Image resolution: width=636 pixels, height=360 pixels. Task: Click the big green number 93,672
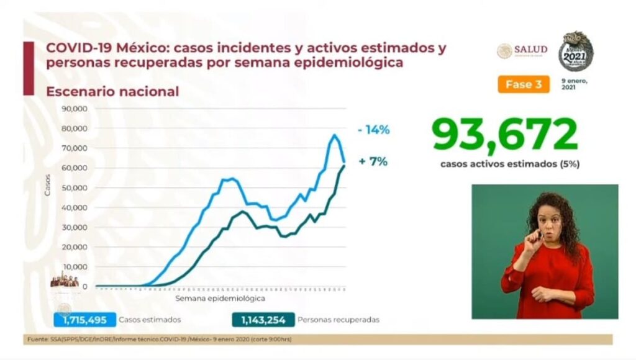[504, 135]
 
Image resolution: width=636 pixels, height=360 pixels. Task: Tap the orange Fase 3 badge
[523, 85]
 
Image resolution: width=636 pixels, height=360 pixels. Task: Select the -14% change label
[374, 130]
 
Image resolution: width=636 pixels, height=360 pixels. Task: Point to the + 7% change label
[373, 161]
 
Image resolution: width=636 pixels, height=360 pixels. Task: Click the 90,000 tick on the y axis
[75, 109]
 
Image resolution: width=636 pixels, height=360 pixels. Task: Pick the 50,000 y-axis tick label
[75, 188]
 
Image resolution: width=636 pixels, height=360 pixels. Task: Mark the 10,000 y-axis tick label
[75, 267]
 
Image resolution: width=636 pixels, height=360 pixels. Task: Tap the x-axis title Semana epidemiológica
[215, 299]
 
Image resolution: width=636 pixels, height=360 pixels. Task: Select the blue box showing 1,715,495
[84, 320]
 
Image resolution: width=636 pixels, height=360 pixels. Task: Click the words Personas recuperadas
[338, 320]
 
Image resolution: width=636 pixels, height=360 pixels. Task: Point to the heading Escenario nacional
[112, 91]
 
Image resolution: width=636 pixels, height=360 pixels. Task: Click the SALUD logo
[522, 50]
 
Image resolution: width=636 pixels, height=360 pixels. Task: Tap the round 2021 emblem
[576, 51]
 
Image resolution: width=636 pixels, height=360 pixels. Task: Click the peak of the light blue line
[334, 135]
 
